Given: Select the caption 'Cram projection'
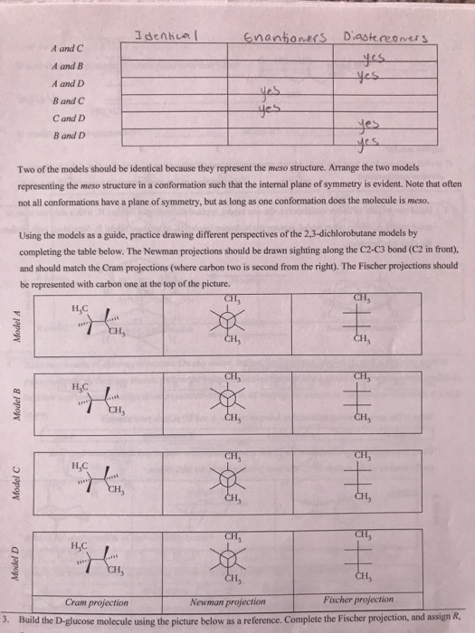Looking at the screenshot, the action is point(97,600).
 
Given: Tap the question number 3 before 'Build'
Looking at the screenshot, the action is point(5,618).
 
